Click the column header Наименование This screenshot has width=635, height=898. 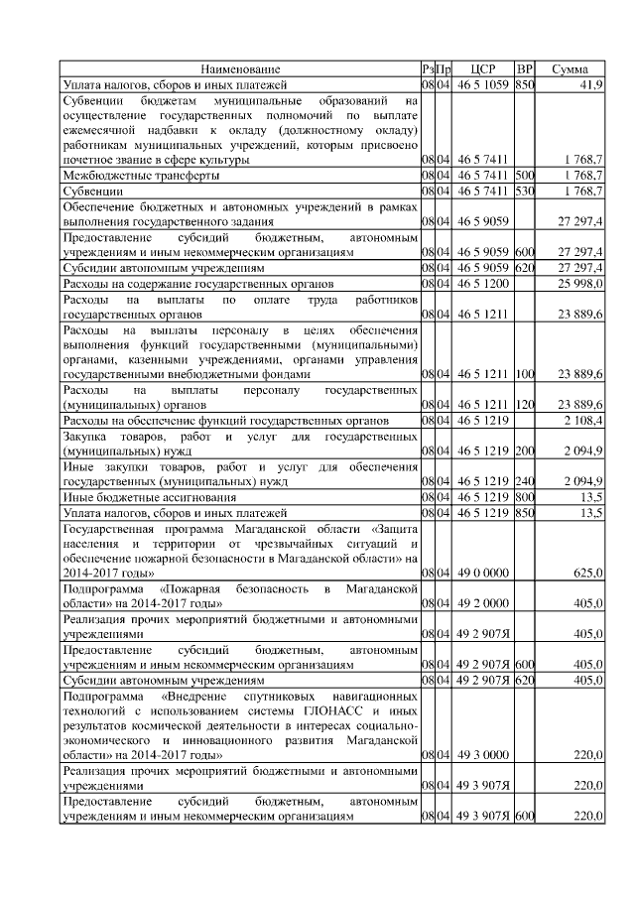coord(240,69)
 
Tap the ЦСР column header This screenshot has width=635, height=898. coord(482,69)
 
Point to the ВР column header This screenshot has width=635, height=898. coord(525,69)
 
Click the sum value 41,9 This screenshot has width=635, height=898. coord(591,85)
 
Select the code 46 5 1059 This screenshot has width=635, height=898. coord(482,85)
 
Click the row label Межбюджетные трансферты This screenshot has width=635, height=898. coord(141,174)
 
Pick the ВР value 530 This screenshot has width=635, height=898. coord(525,190)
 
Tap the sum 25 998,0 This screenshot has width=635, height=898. coord(580,284)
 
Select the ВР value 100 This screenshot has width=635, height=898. coord(525,375)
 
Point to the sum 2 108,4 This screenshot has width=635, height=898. coord(582,421)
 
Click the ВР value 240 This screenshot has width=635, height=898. coord(525,481)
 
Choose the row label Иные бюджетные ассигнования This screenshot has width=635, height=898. coord(149,497)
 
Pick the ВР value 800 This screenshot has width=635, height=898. coord(525,497)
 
